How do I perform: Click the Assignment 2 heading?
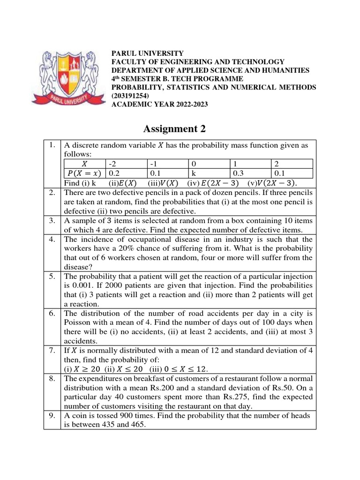pos(173,128)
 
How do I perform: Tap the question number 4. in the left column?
pos(52,240)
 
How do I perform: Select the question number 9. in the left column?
pos(52,416)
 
